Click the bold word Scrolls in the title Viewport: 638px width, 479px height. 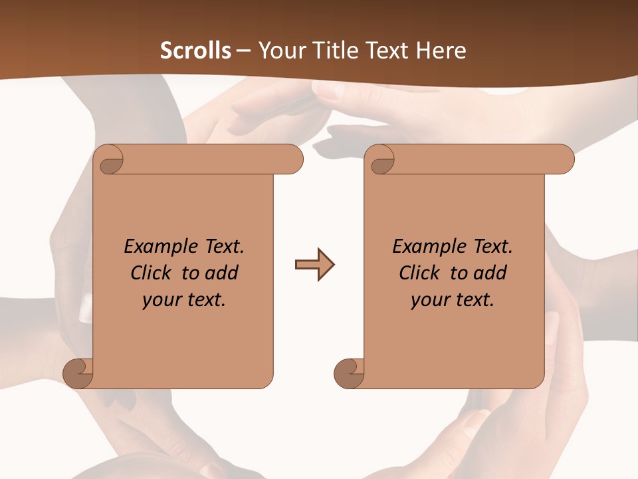[x=195, y=51]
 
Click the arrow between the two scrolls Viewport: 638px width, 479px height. [x=314, y=265]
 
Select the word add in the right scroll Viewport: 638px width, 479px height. [x=490, y=273]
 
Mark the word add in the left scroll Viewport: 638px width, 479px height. [x=221, y=273]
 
